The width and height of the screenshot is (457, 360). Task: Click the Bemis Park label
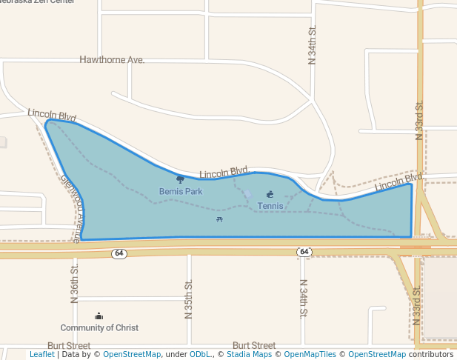click(181, 191)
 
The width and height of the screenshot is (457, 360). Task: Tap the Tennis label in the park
click(270, 205)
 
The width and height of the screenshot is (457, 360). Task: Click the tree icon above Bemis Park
click(181, 179)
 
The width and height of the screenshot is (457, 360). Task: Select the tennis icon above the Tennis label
click(270, 195)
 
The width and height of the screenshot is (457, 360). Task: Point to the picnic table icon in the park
click(219, 219)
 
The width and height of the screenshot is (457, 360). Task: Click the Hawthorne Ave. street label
click(112, 59)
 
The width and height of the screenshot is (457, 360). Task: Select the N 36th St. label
click(74, 284)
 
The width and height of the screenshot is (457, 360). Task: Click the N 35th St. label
click(189, 299)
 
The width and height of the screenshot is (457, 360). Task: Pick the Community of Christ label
click(99, 327)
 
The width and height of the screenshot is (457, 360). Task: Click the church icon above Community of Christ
click(99, 316)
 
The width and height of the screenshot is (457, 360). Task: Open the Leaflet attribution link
click(41, 355)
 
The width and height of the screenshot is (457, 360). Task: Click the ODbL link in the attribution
click(200, 355)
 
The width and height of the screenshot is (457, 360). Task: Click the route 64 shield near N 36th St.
click(119, 253)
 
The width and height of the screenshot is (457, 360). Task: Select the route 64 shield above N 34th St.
click(304, 253)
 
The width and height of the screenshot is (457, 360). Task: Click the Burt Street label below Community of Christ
click(69, 345)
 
